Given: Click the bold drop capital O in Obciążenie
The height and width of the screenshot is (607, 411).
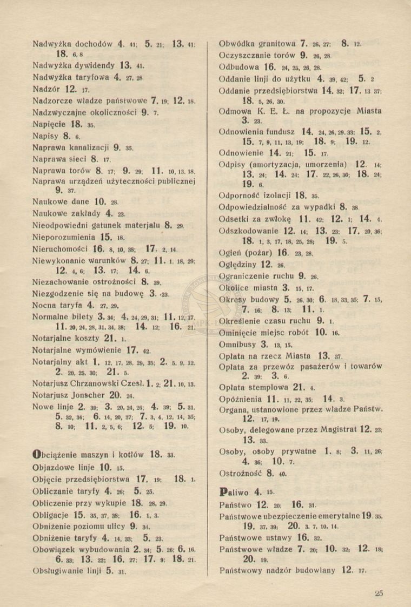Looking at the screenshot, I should tap(36, 454).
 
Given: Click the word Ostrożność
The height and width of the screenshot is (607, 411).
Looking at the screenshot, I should tap(241, 473).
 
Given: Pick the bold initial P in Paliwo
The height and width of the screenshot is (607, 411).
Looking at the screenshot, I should tap(222, 492).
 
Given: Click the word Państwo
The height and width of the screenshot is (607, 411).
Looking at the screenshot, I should tap(236, 504).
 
